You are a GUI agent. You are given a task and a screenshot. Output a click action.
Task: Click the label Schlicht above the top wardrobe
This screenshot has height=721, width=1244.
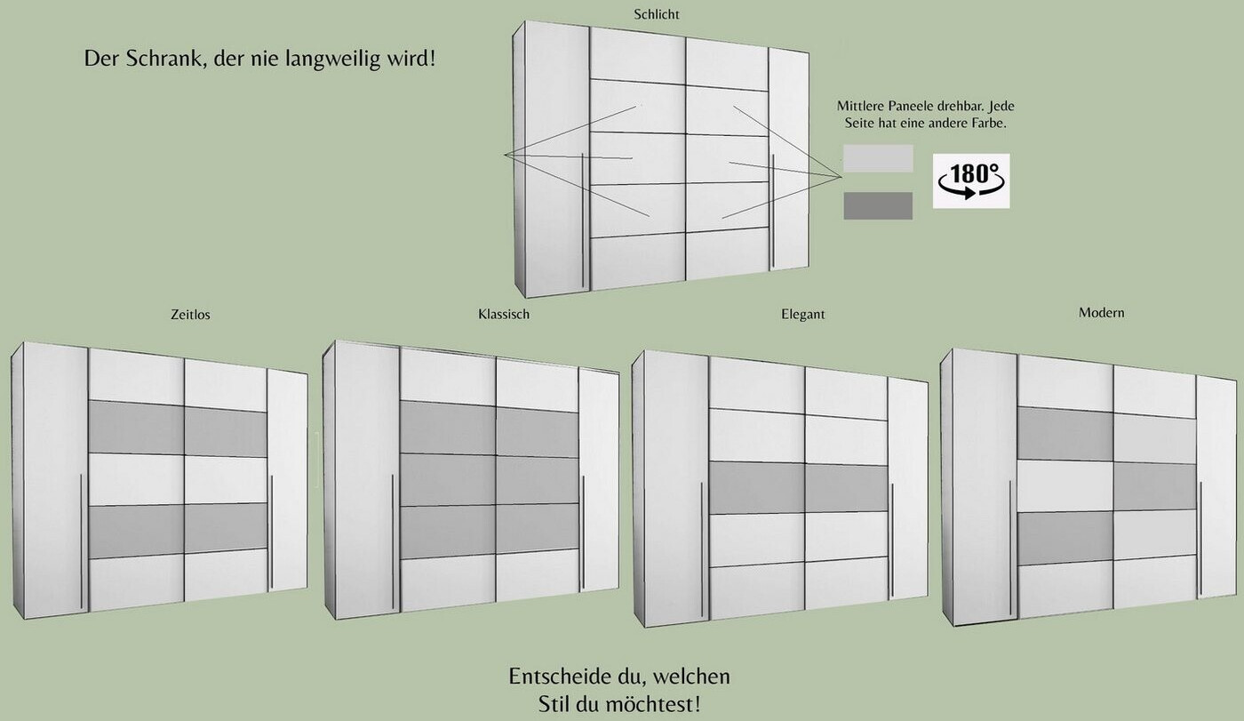click(x=657, y=14)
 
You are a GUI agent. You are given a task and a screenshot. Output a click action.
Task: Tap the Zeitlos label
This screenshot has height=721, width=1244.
click(x=190, y=315)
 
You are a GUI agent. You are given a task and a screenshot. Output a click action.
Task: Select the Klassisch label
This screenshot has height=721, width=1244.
click(x=504, y=315)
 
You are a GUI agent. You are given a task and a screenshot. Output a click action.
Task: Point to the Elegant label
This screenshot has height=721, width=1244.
click(x=802, y=315)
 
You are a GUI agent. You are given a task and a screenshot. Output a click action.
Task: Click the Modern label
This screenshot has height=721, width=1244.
click(x=1101, y=313)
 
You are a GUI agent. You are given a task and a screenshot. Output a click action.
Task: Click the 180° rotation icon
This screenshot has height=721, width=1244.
click(x=971, y=181)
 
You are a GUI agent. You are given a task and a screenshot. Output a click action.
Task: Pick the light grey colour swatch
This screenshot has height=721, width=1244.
click(x=878, y=158)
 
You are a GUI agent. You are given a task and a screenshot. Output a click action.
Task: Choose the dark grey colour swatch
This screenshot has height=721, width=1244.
click(x=878, y=205)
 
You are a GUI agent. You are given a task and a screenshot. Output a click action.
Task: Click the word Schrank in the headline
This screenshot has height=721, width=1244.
click(x=163, y=59)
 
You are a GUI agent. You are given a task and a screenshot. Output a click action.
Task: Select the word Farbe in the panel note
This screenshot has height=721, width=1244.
click(x=988, y=124)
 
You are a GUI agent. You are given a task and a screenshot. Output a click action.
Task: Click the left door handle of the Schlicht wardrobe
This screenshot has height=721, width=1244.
click(x=582, y=220)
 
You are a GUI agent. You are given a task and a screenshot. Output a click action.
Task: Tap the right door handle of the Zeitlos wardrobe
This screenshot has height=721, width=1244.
click(x=272, y=533)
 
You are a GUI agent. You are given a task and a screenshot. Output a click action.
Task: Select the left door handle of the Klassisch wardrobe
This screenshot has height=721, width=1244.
click(x=393, y=541)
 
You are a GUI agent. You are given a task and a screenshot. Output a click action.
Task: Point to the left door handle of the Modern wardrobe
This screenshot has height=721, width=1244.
click(x=1010, y=548)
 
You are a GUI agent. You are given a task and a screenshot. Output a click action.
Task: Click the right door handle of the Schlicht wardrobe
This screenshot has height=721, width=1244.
click(x=772, y=212)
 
